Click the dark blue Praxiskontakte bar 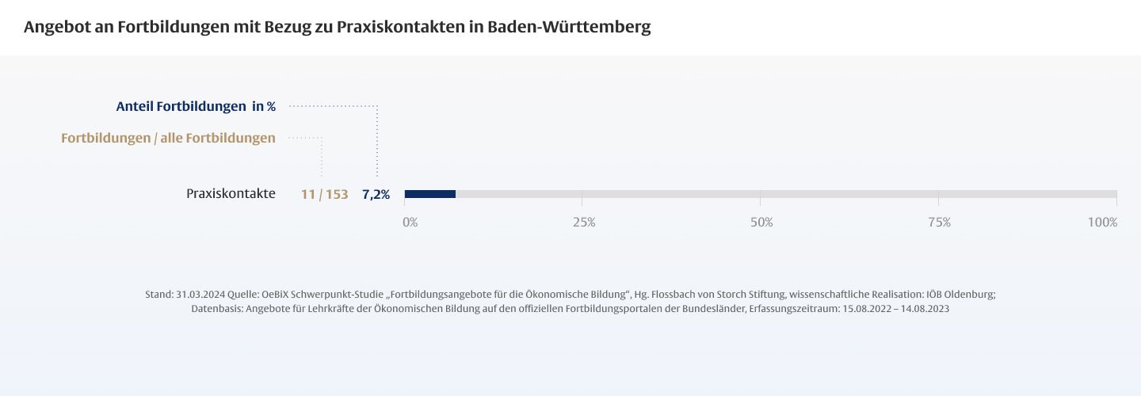click(430, 194)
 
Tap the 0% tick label click(410, 223)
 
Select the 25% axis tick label click(584, 223)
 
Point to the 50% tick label click(761, 223)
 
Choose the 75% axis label click(939, 223)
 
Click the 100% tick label click(1102, 223)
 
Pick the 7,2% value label click(376, 194)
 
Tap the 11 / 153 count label click(324, 194)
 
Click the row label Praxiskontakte click(231, 193)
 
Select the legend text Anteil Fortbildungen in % click(196, 106)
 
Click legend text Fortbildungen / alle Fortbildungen click(168, 138)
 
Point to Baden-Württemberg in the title click(569, 27)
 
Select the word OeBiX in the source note click(277, 294)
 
